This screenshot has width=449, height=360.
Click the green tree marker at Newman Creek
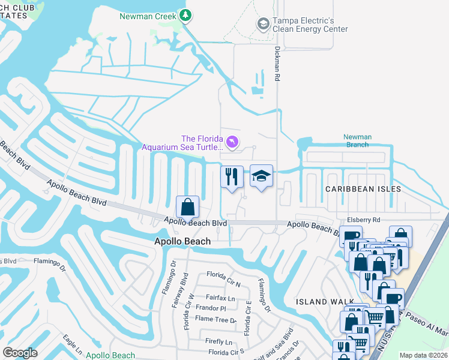pyautogui.click(x=187, y=15)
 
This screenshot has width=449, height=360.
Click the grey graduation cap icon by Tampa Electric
pyautogui.click(x=263, y=24)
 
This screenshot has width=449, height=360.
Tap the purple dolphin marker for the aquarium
pyautogui.click(x=232, y=142)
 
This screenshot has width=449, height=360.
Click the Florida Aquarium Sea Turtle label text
pyautogui.click(x=182, y=142)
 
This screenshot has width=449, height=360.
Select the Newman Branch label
pyautogui.click(x=357, y=141)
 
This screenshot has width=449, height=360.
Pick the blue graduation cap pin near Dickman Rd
pyautogui.click(x=261, y=176)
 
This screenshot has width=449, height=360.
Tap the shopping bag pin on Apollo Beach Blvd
pyautogui.click(x=188, y=207)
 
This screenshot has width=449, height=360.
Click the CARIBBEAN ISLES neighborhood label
pyautogui.click(x=363, y=188)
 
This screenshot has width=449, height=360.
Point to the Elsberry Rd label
pyautogui.click(x=364, y=220)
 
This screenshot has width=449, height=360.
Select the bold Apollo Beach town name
pyautogui.click(x=182, y=241)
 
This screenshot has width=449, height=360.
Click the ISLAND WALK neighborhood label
pyautogui.click(x=320, y=302)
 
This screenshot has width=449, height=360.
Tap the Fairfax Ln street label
pyautogui.click(x=220, y=297)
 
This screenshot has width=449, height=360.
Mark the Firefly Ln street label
pyautogui.click(x=218, y=341)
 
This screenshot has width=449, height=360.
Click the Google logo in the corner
pyautogui.click(x=20, y=353)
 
